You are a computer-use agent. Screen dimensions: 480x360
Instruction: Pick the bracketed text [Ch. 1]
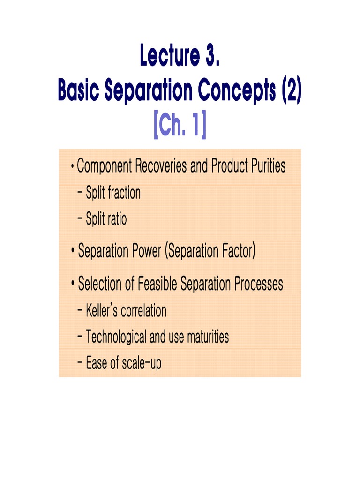(180, 126)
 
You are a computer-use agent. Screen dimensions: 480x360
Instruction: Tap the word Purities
(265, 166)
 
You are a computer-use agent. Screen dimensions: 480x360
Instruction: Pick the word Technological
(116, 337)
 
